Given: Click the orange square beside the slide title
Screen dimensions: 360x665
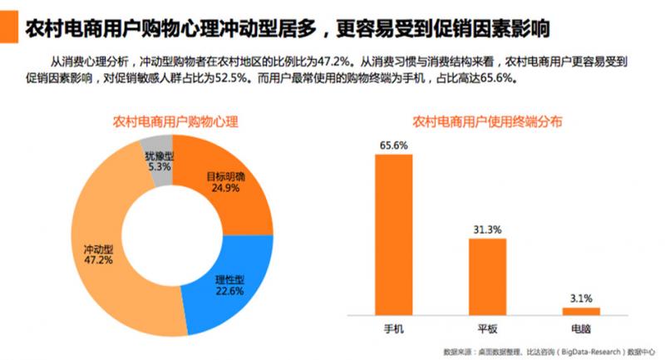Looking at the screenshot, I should pos(8,28).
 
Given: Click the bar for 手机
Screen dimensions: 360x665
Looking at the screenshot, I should pos(393,234).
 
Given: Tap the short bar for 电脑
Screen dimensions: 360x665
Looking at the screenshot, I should pos(581,310).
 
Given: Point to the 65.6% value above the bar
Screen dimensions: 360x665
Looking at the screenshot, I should pos(393,144).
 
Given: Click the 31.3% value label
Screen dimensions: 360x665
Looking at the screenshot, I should pos(487,229).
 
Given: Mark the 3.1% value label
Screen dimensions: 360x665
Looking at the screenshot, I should pos(581,298).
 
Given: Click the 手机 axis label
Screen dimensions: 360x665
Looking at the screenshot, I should pos(393,329).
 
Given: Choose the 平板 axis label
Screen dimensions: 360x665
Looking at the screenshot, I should pos(487,329).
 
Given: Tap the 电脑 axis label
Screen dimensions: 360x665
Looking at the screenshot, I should pos(581,329).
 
